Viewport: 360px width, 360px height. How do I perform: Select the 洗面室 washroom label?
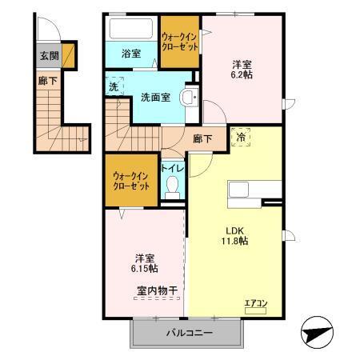pyautogui.click(x=154, y=98)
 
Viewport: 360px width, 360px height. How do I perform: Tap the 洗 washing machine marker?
pyautogui.click(x=114, y=86)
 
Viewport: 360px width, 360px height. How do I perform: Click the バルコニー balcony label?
pyautogui.click(x=186, y=331)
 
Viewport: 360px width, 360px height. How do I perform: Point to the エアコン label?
pyautogui.click(x=256, y=302)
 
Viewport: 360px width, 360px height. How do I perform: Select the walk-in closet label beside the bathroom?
pyautogui.click(x=179, y=41)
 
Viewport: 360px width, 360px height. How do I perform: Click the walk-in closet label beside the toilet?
pyautogui.click(x=131, y=180)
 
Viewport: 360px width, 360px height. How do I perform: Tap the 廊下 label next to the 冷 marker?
pyautogui.click(x=203, y=138)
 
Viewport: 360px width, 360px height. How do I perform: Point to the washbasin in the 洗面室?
pyautogui.click(x=189, y=98)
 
